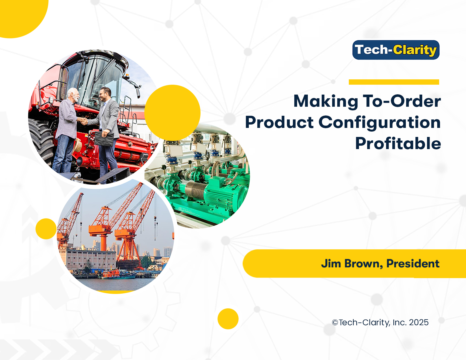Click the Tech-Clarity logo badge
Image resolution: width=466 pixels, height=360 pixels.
click(396, 50)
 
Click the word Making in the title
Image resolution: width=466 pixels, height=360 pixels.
click(326, 101)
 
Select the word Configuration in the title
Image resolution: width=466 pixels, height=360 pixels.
click(380, 123)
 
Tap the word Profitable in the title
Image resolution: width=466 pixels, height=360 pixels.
click(398, 143)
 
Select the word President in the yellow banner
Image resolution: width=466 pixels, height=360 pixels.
click(413, 263)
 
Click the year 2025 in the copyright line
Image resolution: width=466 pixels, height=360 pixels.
click(419, 322)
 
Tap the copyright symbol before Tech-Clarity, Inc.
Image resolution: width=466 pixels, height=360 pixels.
click(335, 322)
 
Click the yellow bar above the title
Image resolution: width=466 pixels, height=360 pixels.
click(394, 82)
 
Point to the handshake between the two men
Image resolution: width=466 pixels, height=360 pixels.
click(84, 121)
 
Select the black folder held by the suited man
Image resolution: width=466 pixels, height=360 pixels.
click(104, 139)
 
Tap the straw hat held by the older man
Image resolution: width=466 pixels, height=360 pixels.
click(77, 145)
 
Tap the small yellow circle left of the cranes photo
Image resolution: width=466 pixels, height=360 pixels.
click(46, 229)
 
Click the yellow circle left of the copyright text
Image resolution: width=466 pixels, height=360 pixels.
click(228, 319)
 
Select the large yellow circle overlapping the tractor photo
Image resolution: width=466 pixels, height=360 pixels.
click(172, 113)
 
